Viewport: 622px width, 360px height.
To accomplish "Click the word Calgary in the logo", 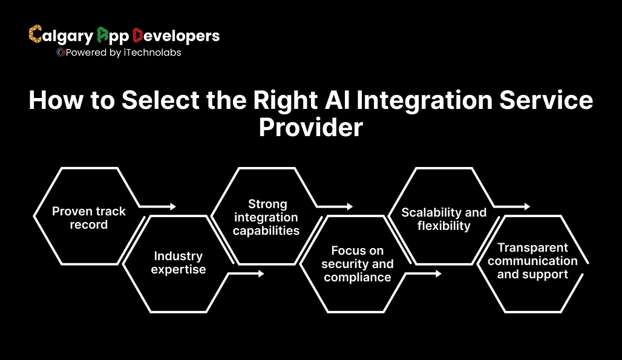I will [x=61, y=36].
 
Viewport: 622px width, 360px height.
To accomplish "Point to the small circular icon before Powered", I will [x=60, y=53].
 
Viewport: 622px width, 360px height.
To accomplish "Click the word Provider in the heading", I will [x=311, y=128].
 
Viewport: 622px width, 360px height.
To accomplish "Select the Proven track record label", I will [x=88, y=218].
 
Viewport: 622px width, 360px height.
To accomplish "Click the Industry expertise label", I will [x=179, y=263].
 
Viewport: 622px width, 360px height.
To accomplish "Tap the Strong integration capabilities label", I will [x=267, y=217].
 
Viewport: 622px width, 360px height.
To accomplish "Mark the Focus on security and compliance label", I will [x=357, y=264].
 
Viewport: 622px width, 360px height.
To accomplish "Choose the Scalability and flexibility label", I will [x=444, y=219].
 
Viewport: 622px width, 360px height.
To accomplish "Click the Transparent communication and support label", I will [x=532, y=261].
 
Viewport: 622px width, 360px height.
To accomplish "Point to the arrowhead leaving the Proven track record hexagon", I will [x=173, y=206].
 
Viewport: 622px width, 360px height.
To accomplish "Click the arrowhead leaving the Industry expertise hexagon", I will [x=261, y=273].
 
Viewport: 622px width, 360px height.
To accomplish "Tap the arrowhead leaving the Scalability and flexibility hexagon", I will [x=527, y=206].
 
